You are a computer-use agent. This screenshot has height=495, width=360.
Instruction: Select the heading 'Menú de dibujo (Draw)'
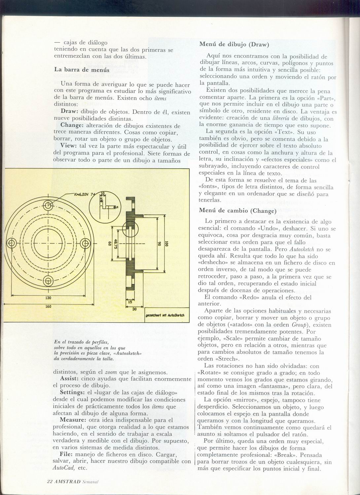tap(234, 44)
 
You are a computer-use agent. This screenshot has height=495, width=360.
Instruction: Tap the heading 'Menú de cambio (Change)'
tap(237, 211)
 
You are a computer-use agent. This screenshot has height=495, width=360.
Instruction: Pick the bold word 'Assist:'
tap(69, 379)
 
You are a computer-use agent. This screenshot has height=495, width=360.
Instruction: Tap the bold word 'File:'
tap(67, 455)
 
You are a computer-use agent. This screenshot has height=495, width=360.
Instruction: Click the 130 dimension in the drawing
tap(48, 298)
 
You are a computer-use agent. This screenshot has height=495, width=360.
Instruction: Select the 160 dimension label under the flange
tap(48, 306)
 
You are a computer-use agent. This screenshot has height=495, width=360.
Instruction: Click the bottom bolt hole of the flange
tap(49, 281)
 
